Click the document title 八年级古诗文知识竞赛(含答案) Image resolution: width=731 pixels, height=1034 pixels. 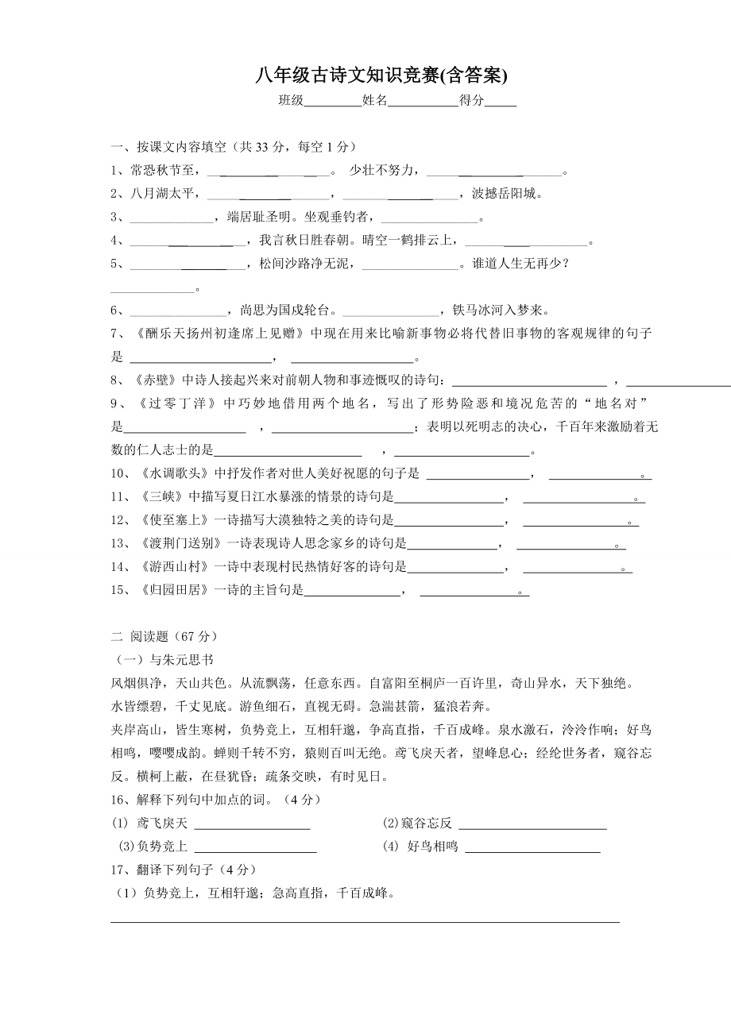coord(381,75)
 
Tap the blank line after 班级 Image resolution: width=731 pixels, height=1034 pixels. coord(333,102)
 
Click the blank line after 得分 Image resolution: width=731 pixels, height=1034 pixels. coord(501,102)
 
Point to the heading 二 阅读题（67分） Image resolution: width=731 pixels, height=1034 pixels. coord(164,636)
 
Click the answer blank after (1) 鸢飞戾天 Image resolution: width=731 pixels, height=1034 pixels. coord(252,824)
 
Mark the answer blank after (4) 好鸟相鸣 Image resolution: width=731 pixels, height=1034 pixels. coord(532,847)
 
